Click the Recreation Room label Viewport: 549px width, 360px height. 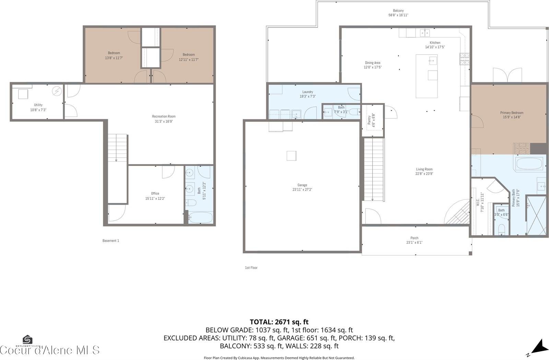164,117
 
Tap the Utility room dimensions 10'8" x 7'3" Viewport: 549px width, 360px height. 38,110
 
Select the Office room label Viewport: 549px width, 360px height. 155,193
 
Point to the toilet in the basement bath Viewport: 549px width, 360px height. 190,203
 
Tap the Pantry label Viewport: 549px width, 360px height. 369,120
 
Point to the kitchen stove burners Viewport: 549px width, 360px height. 465,59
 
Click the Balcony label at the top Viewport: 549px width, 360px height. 398,11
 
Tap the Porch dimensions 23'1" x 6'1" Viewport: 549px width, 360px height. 414,242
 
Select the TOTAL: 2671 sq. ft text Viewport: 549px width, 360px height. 279,322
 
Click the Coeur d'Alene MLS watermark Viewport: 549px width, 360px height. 50,350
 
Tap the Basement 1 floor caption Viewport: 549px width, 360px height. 110,241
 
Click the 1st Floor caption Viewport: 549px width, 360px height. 251,268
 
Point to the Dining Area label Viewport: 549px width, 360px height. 372,63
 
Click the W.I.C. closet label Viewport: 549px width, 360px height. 478,202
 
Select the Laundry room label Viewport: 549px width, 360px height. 307,92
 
